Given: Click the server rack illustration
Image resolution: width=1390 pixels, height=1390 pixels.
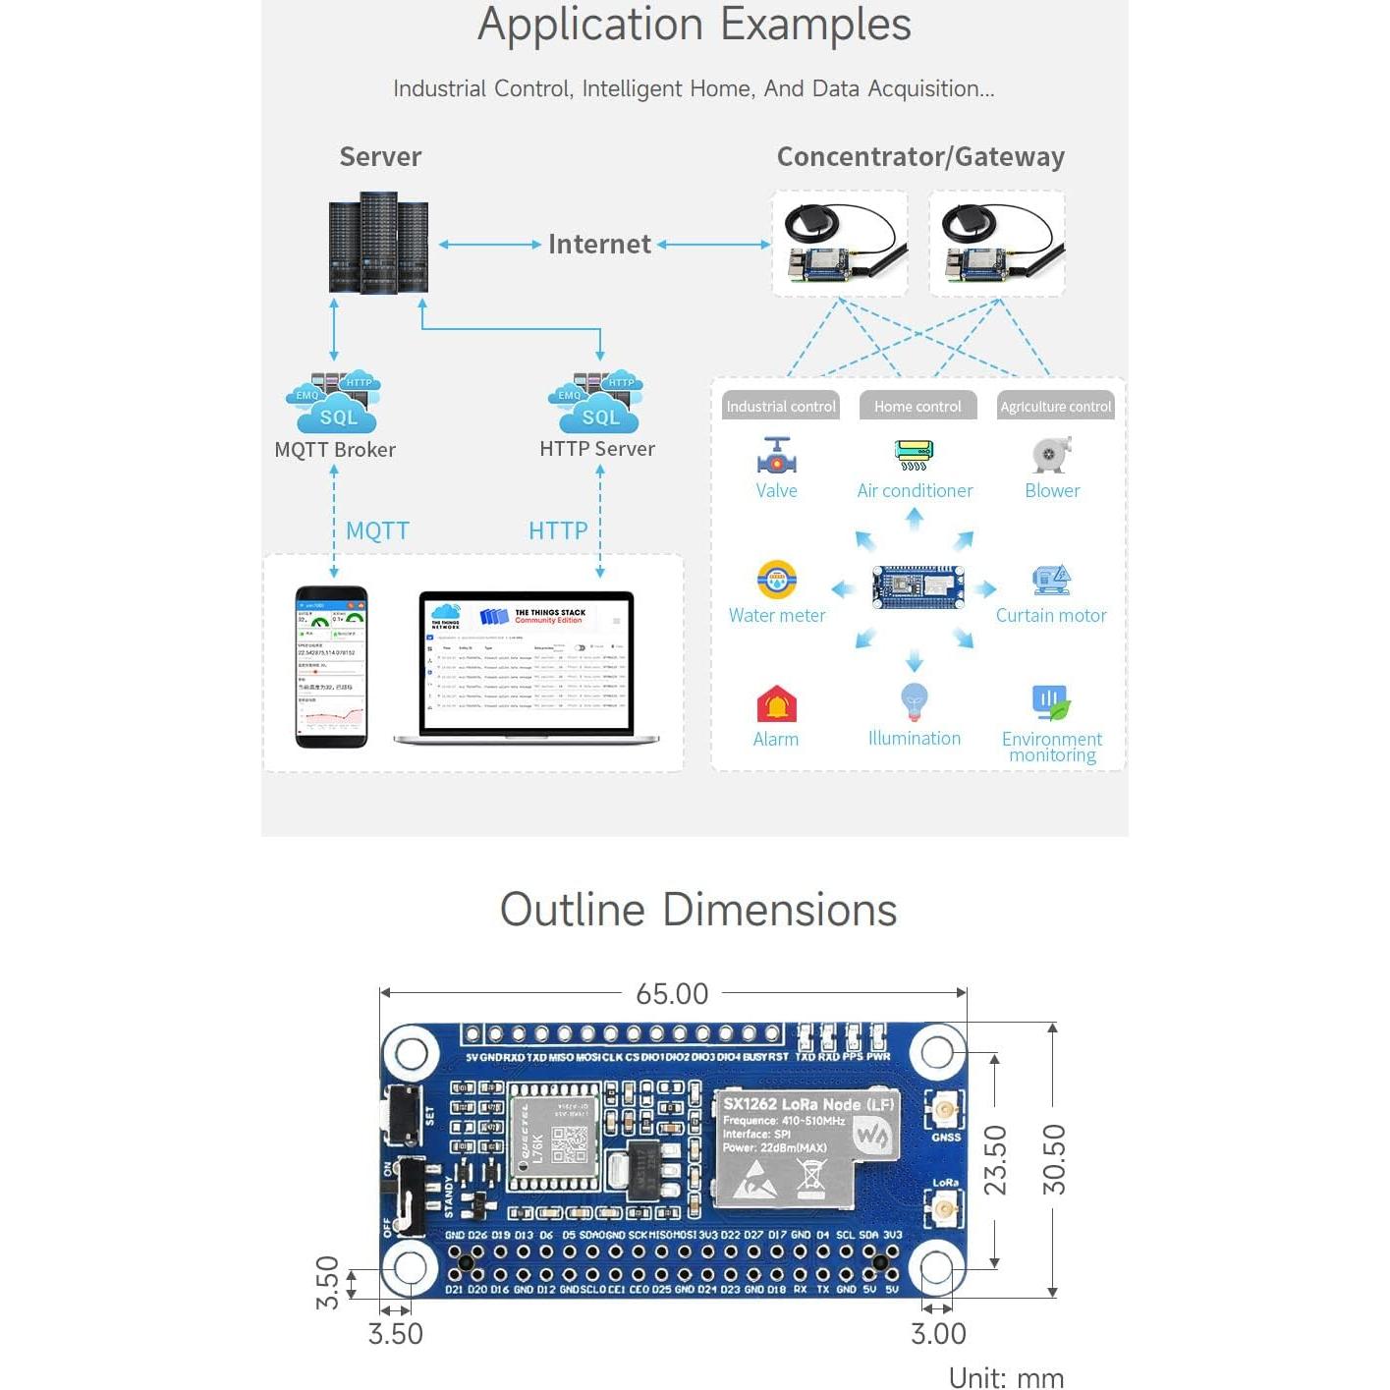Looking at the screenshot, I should (x=378, y=244).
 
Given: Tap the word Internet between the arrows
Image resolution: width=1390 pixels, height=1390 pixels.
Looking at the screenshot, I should (x=599, y=244).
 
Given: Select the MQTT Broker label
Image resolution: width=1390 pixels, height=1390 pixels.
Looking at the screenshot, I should (x=335, y=450).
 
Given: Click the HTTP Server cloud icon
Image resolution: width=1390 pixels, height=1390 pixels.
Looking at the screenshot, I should (x=598, y=403).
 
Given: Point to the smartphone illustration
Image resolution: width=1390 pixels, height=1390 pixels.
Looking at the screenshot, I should (x=332, y=667).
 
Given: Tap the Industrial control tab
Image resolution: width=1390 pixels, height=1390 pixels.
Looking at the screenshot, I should (x=781, y=406).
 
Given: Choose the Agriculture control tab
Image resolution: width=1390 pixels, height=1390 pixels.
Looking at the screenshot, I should (x=1055, y=406).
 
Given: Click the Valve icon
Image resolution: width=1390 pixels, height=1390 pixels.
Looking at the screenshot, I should (x=777, y=455).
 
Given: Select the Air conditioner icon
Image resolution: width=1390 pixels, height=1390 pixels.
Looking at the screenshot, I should (x=915, y=455).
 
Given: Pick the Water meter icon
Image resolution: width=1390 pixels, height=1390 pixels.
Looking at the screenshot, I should (x=777, y=580).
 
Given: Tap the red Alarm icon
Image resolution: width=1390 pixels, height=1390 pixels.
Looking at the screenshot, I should (x=776, y=703).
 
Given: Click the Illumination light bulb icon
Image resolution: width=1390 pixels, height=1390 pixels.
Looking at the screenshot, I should (x=915, y=701).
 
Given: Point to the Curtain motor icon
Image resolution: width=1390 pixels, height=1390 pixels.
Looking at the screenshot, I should (x=1051, y=580).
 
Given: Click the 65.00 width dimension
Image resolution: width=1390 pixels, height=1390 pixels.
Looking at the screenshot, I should (x=672, y=994).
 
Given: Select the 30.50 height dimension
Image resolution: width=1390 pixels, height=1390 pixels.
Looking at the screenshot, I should (x=1053, y=1159).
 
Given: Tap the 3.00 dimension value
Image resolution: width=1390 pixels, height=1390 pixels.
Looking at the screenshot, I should (x=938, y=1334).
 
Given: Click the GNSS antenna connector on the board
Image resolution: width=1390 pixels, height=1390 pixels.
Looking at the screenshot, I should (x=945, y=1112).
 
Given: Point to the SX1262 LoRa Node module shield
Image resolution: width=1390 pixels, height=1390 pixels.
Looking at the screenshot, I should (x=806, y=1147).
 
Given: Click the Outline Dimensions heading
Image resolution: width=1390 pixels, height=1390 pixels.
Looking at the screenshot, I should (x=697, y=910).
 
